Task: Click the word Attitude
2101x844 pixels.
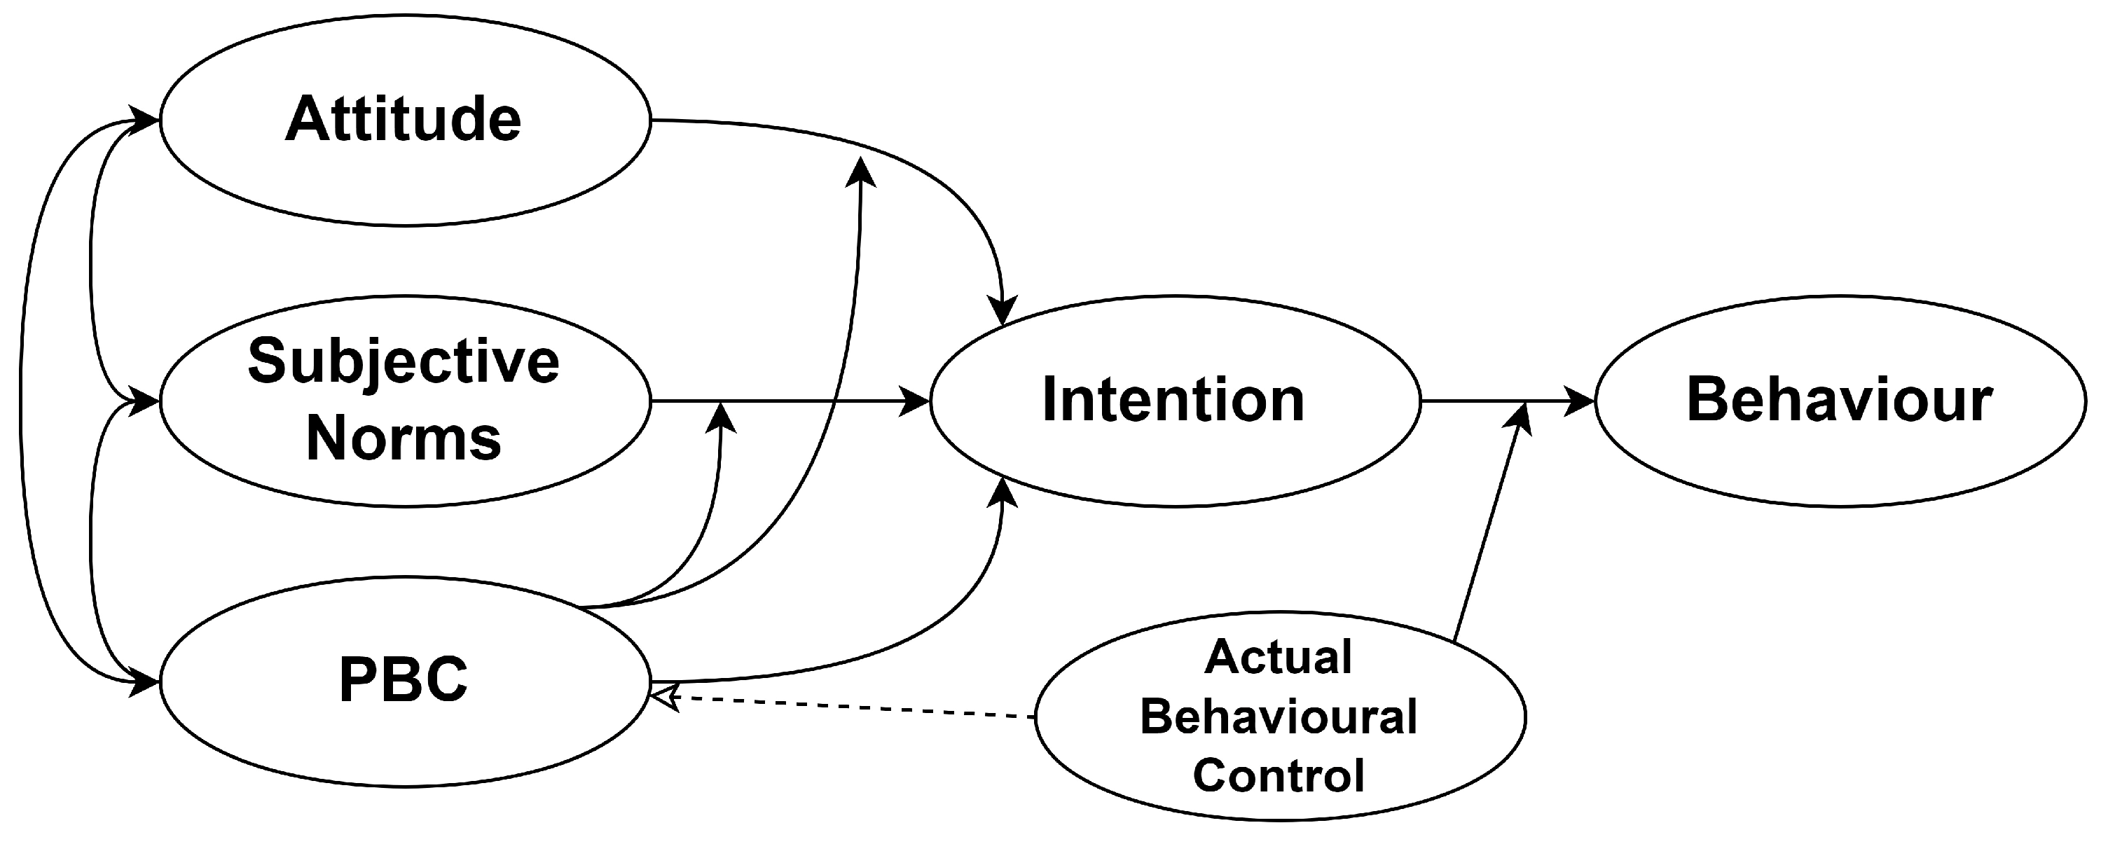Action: coord(403,120)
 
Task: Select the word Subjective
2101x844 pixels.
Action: coord(403,361)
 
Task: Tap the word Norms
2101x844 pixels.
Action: coord(403,438)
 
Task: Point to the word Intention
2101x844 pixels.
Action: coord(1173,401)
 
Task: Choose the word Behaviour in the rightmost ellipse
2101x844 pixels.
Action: coord(1839,401)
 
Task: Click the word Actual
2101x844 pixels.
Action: coord(1278,657)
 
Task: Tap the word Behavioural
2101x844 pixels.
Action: coord(1278,717)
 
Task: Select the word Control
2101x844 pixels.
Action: coord(1278,775)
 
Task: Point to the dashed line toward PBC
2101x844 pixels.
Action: coord(848,707)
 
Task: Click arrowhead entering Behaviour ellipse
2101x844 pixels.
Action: coord(1579,401)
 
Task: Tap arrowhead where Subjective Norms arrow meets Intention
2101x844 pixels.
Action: coord(915,401)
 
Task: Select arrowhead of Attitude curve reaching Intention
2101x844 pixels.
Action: coord(1003,310)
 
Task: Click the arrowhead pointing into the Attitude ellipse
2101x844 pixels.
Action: coord(144,120)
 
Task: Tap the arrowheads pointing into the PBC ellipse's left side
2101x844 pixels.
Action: coord(144,682)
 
